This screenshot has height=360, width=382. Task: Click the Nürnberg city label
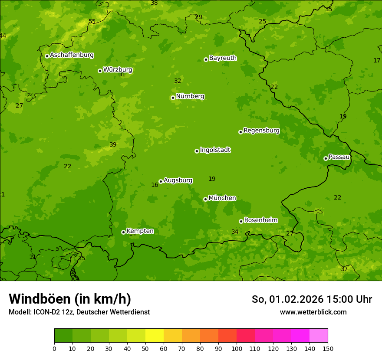190,96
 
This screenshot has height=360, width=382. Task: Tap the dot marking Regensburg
240,132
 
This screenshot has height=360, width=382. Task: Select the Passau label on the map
339,157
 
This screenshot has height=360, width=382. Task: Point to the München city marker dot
205,199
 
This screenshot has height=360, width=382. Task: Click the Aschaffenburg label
72,55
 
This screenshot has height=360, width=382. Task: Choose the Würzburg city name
118,70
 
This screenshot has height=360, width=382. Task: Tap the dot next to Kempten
123,232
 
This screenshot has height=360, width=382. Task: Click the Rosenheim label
261,220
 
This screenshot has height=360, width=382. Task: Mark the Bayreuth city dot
206,59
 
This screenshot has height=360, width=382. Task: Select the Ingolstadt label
215,150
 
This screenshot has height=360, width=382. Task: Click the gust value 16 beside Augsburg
155,185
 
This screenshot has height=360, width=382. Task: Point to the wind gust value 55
92,22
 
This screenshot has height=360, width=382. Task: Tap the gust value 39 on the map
113,145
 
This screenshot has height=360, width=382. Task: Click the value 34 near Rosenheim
235,232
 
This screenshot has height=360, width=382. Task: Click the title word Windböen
40,299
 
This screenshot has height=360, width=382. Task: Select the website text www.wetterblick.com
313,312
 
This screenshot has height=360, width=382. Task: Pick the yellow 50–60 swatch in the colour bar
155,335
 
